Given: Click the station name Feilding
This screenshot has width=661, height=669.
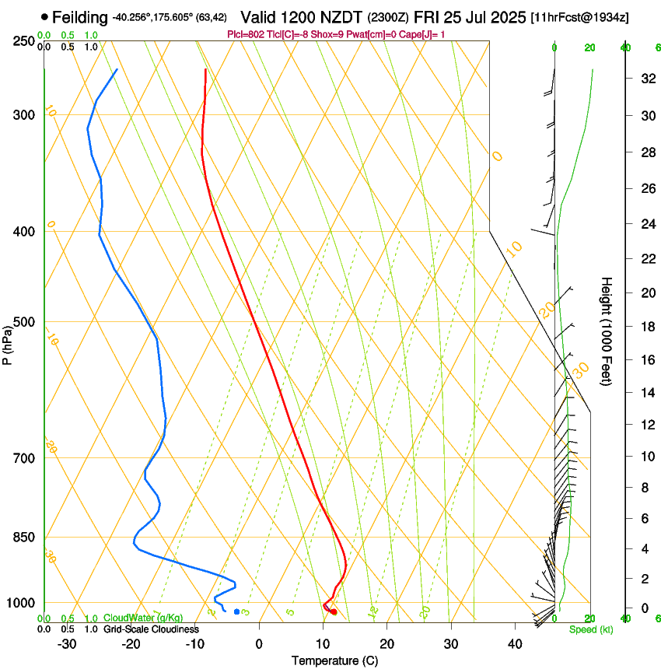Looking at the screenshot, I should tap(81, 17).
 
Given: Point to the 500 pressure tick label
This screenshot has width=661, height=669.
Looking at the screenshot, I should tap(23, 322).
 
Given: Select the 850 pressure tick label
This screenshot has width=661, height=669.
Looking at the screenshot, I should tap(23, 538).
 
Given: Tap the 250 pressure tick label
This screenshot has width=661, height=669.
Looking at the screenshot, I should tap(23, 41).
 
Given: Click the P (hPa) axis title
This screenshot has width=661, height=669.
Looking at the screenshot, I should tap(8, 342).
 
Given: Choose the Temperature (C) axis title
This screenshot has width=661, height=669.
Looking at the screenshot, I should tap(334, 660).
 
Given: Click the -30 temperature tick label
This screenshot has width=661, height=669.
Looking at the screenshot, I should tap(67, 644).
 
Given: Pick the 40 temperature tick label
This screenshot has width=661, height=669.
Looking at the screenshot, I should tap(515, 644).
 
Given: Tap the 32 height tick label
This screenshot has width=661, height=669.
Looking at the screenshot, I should tap(645, 79).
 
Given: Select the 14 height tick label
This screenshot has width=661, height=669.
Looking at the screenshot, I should tap(645, 393).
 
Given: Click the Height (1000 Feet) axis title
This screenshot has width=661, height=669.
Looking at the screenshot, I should tap(607, 331).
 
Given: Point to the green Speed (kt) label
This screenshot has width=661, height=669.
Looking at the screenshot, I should tap(590, 629).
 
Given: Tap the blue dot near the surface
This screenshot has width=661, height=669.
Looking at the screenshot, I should tap(237, 611).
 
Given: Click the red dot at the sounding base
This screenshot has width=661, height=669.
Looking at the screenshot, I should tap(334, 612).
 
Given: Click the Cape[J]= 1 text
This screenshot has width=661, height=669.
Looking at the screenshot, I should tap(421, 34).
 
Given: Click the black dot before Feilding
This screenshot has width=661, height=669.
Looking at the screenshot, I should tap(44, 16).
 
